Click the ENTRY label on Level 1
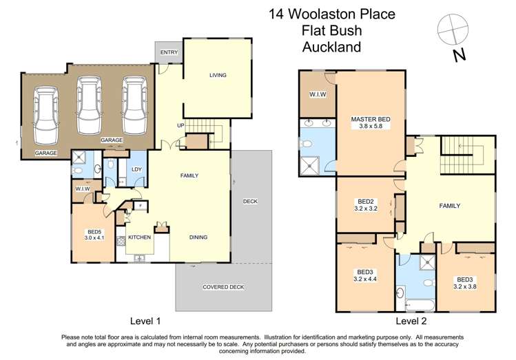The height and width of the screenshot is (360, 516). point(169,52)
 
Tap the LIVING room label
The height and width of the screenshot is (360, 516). point(218,75)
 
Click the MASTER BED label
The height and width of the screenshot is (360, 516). point(370,119)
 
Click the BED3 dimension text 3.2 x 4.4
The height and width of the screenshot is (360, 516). point(364,279)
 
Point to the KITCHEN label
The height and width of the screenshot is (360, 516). point(139,236)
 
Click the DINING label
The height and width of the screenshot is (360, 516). point(198,237)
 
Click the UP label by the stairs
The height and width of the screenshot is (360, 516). point(180,125)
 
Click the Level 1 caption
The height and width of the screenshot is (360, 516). point(145,321)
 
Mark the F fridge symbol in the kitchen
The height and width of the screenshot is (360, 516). point(141,205)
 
